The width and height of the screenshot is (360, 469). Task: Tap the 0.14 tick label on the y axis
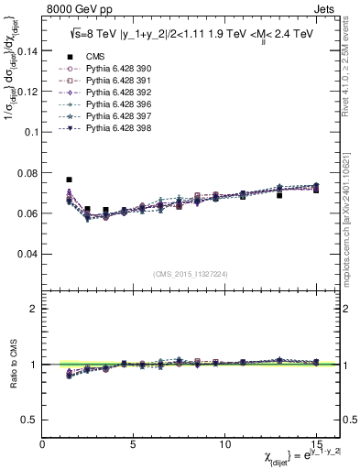27,51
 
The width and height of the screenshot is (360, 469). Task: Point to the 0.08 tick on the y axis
27,172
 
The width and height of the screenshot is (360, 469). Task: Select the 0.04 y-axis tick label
27,254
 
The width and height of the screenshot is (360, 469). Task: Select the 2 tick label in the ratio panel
34,309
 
